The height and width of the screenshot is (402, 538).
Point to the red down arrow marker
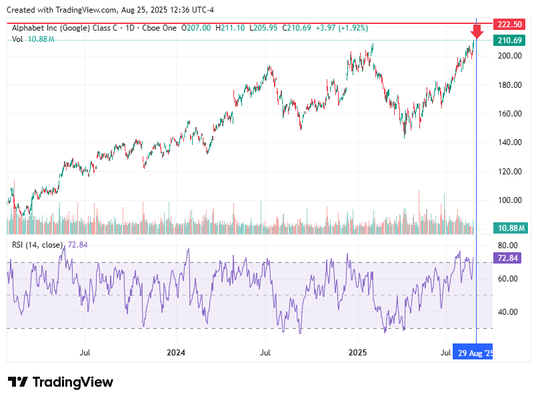(477, 32)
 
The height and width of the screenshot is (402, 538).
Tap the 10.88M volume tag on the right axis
(510, 228)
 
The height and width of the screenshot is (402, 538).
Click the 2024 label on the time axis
(176, 353)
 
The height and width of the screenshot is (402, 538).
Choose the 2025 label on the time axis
(358, 353)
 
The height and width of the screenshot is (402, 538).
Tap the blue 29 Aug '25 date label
(475, 353)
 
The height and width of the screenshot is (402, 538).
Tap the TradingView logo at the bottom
(61, 382)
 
